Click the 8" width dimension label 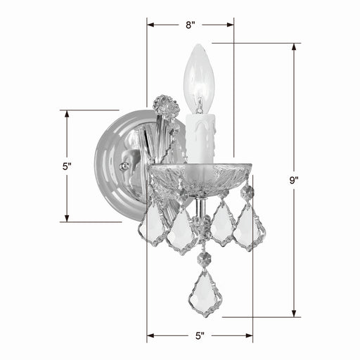tap(190, 25)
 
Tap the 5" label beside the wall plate tap(67, 167)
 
